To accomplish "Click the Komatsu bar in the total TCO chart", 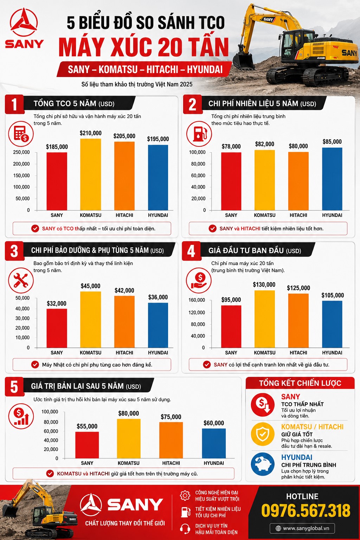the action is pos(91,174).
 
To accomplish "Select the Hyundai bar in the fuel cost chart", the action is pos(332,179).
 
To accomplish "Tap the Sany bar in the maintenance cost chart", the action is pos(57,328).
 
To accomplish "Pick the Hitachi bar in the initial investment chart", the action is pos(298,321).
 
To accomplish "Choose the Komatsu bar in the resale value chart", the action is pos(129,438).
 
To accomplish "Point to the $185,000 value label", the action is pos(57,147).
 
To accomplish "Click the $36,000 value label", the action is pos(158,297).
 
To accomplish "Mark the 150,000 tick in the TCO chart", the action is pos(21,175).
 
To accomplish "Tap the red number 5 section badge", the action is pos(14,387).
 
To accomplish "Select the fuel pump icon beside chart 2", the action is pos(199,134).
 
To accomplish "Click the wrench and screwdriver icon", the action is pos(21,281).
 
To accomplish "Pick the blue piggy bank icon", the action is pos(263,464).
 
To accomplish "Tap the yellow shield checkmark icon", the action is pos(263,434).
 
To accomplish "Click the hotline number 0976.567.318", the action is pos(306,510).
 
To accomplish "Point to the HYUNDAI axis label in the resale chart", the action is pos(214,463).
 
